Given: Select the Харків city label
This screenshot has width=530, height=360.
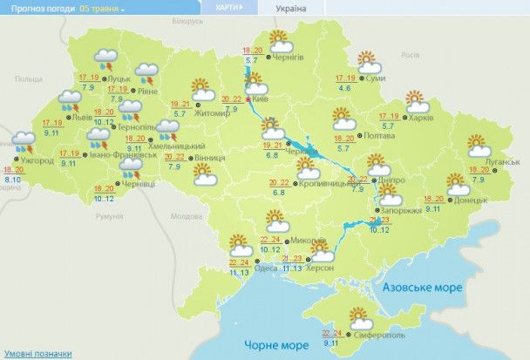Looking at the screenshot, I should [422, 117].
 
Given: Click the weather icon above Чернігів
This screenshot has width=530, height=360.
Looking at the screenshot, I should [279, 40].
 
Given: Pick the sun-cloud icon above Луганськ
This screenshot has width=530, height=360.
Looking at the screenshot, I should [477, 145].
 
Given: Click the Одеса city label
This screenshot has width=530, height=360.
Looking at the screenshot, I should [268, 268].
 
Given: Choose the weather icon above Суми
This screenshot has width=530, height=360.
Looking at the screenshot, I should [369, 62].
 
